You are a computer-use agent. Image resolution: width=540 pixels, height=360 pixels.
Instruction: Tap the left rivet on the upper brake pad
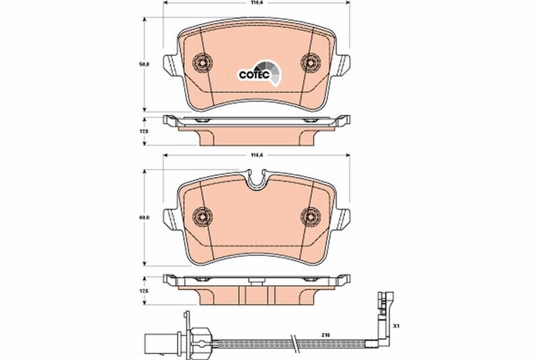(x=202, y=63)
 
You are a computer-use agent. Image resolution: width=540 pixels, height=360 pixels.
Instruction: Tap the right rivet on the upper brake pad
(x=310, y=63)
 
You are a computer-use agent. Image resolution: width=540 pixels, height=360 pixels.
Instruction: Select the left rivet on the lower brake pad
(x=202, y=216)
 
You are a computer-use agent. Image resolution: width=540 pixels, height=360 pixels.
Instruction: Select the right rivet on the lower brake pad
(x=310, y=216)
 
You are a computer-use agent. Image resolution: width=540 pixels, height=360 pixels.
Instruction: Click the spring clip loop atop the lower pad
(x=256, y=180)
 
